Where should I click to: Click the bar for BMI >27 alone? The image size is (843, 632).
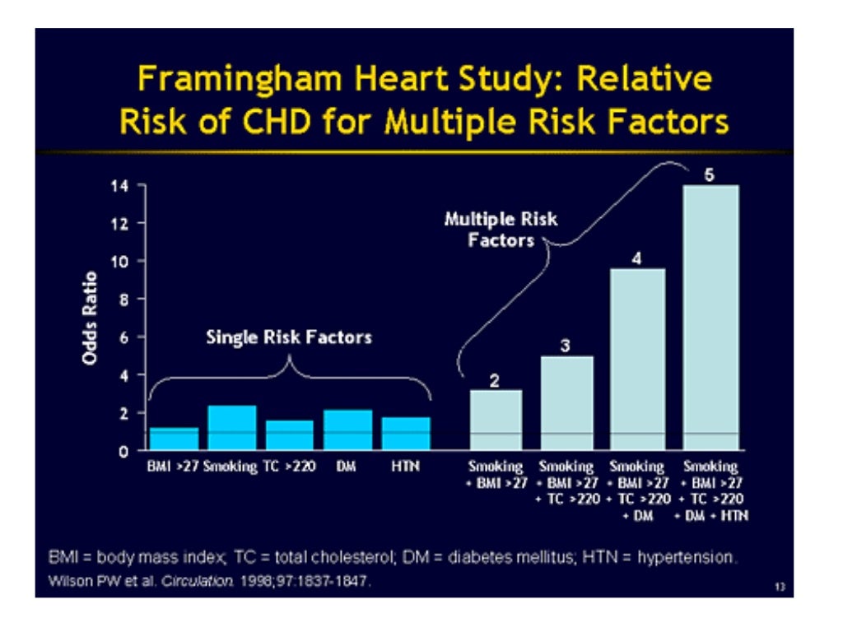174,439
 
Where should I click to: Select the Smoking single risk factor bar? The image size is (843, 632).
231,428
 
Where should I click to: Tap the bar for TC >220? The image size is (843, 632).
289,435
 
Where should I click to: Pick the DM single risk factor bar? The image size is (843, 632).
347,430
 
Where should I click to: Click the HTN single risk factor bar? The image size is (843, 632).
405,434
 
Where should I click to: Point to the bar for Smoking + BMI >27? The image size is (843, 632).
495,420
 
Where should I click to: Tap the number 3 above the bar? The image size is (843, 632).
566,346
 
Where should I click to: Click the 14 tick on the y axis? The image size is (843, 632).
119,185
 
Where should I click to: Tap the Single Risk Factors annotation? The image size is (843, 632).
288,337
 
